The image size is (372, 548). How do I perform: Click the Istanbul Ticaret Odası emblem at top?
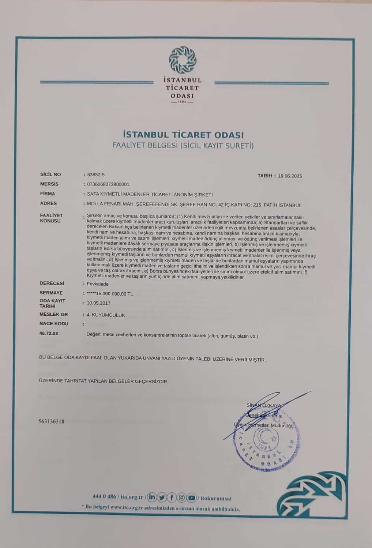pyautogui.click(x=182, y=60)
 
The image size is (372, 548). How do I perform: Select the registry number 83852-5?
pyautogui.click(x=96, y=175)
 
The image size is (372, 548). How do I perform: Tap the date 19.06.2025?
pyautogui.click(x=290, y=176)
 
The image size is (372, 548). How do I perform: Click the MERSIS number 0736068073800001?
pyautogui.click(x=108, y=184)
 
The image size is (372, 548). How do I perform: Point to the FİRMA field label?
pyautogui.click(x=48, y=194)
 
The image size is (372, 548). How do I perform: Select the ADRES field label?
pyautogui.click(x=48, y=203)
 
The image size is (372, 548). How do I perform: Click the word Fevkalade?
pyautogui.click(x=98, y=284)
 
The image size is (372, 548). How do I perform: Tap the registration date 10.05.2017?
pyautogui.click(x=98, y=303)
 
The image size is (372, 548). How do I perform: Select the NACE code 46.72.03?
pyautogui.click(x=49, y=334)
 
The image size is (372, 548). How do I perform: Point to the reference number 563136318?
pyautogui.click(x=51, y=421)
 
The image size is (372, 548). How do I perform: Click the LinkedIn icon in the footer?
pyautogui.click(x=152, y=498)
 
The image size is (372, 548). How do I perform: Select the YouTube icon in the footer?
pyautogui.click(x=192, y=498)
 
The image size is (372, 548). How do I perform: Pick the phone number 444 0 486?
pyautogui.click(x=104, y=497)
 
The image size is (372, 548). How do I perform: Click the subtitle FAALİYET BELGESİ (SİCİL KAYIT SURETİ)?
pyautogui.click(x=183, y=146)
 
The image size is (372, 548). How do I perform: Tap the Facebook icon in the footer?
pyautogui.click(x=172, y=498)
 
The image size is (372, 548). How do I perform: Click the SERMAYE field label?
pyautogui.click(x=51, y=293)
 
